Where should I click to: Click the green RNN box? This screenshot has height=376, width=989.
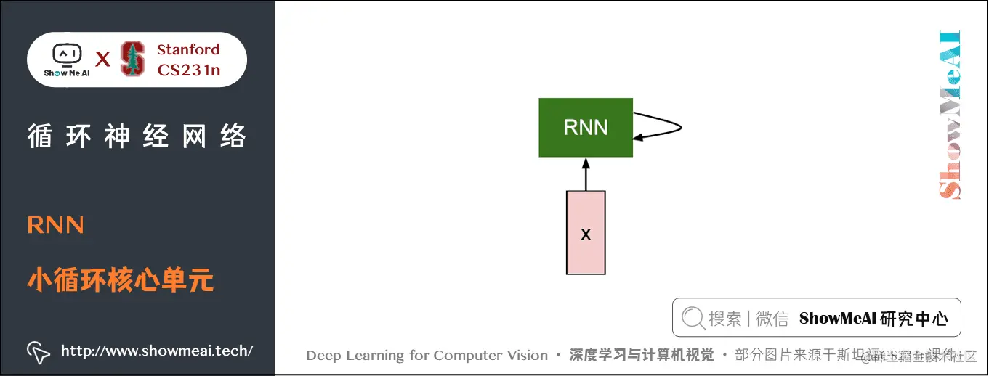click(585, 128)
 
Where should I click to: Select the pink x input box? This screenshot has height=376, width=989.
click(586, 233)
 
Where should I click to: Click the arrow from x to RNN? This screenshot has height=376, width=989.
click(586, 174)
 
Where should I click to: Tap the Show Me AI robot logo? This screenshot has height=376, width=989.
click(66, 59)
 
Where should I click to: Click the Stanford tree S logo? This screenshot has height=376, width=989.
click(132, 59)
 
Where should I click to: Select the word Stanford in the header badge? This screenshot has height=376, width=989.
click(188, 49)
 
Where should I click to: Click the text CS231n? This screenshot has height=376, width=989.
click(188, 70)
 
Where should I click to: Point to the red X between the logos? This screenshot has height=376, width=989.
click(103, 60)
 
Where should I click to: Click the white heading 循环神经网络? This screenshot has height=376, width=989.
click(137, 136)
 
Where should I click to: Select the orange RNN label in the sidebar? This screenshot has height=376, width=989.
click(55, 225)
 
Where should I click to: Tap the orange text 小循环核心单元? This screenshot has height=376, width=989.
click(121, 279)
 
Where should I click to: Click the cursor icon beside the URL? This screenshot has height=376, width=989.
click(38, 352)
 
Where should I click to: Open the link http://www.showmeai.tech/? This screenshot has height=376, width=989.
click(157, 351)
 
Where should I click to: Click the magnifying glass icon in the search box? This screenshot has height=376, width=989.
click(693, 318)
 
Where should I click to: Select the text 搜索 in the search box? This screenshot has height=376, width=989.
click(724, 318)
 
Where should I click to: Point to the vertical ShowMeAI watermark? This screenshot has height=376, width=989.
click(950, 115)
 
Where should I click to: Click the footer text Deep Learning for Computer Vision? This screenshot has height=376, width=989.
click(427, 356)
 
